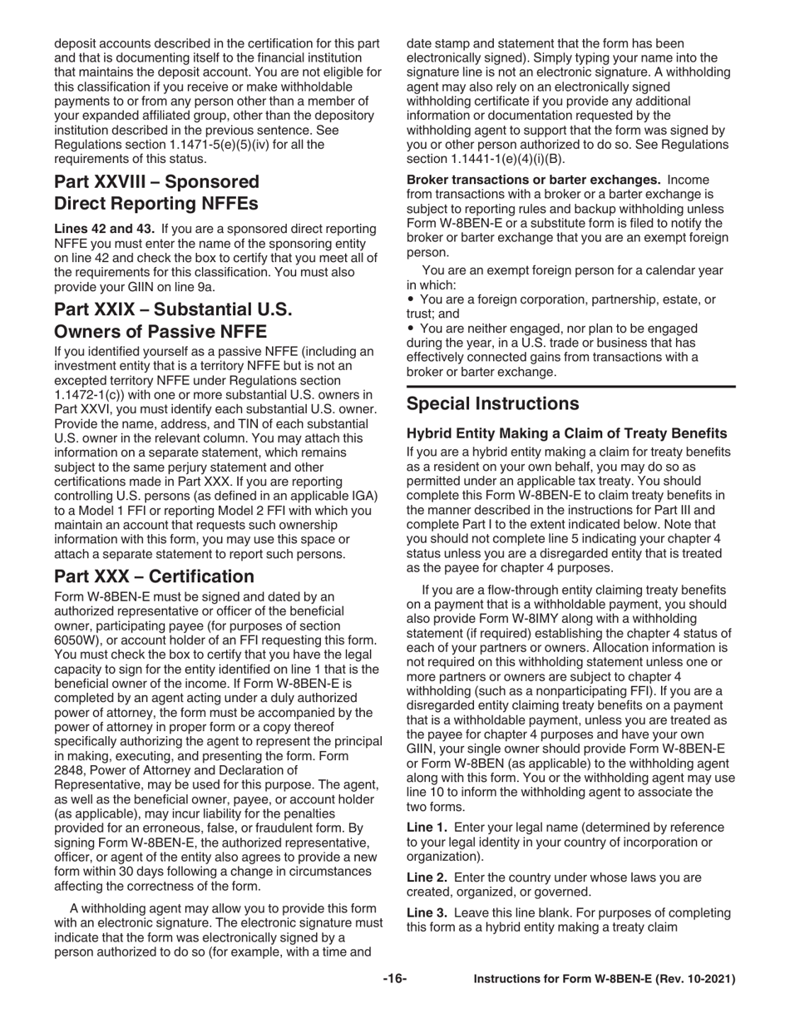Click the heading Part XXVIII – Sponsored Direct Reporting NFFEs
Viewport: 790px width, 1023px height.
[x=156, y=192]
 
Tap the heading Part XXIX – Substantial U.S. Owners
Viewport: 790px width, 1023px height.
[x=173, y=320]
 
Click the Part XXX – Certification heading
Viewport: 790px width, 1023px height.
[x=154, y=576]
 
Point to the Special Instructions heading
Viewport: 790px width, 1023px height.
[x=492, y=404]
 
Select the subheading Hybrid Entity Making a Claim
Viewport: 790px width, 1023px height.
[x=566, y=433]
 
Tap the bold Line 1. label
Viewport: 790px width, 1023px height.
[x=427, y=827]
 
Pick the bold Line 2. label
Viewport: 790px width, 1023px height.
[x=427, y=877]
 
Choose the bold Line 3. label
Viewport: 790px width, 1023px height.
[x=427, y=913]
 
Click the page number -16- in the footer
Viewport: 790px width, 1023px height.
[x=394, y=979]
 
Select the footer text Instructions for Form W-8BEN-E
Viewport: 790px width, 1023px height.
[x=604, y=980]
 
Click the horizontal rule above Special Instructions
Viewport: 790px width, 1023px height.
[x=570, y=386]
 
